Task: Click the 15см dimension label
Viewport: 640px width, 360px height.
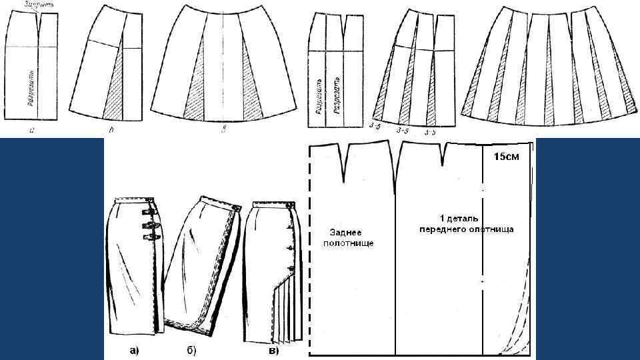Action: (x=504, y=158)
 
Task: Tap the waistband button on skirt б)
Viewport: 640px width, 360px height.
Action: (x=235, y=210)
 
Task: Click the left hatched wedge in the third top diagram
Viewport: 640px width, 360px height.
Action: (x=197, y=90)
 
